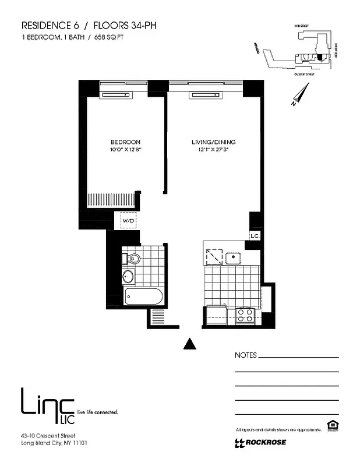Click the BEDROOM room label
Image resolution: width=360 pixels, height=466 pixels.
[126, 142]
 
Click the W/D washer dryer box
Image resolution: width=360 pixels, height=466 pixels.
[128, 221]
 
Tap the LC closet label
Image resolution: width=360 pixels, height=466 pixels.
[254, 235]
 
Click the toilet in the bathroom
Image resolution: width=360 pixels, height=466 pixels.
[132, 258]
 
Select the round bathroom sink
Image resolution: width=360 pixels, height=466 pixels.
[128, 277]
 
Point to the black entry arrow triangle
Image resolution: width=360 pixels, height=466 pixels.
[189, 344]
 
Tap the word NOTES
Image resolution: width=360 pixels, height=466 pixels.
[245, 355]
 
